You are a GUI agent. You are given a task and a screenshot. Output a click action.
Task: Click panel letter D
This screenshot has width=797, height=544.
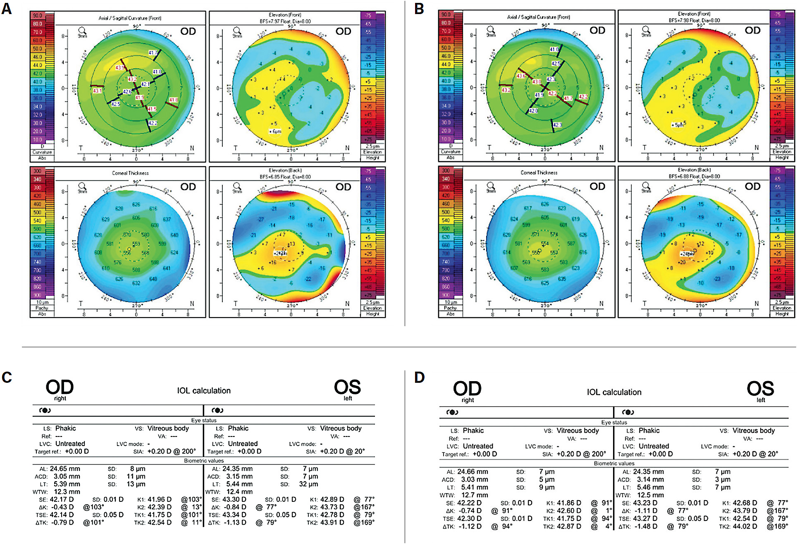419,377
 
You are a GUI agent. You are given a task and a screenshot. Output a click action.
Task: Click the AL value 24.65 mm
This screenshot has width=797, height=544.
65,469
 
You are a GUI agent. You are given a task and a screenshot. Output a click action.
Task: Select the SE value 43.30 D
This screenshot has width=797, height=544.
234,499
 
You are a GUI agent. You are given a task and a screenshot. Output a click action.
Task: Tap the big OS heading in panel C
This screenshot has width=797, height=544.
347,387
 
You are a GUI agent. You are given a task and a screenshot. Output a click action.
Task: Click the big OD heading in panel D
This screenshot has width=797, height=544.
467,389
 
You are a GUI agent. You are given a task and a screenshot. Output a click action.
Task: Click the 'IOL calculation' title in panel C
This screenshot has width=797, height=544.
204,391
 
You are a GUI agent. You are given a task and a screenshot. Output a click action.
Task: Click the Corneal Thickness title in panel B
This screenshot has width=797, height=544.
539,173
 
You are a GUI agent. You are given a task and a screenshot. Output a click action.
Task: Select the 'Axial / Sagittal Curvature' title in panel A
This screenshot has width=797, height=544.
130,18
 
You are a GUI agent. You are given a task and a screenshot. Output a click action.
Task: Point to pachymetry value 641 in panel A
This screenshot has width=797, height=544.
166,268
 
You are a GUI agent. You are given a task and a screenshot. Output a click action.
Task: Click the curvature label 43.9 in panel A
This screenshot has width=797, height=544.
120,67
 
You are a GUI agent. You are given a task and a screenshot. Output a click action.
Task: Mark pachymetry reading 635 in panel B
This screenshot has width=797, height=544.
562,279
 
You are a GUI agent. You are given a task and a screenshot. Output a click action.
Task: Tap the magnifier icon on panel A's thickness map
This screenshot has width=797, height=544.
82,186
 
